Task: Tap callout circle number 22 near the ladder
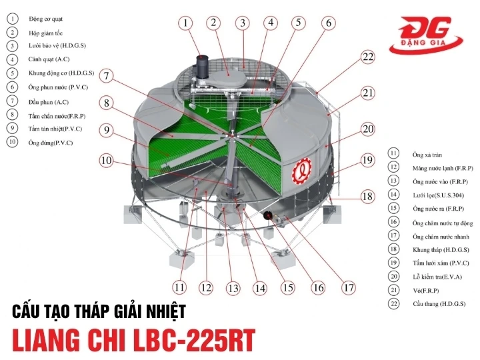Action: tap(368, 57)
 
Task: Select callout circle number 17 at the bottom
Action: tap(347, 288)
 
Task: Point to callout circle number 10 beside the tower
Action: tap(107, 160)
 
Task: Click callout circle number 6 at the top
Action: tap(328, 23)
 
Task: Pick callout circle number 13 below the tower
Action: tap(232, 289)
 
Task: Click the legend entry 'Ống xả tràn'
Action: tap(428, 153)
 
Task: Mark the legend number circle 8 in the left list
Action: tap(12, 115)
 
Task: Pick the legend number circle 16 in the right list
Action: tap(394, 221)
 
